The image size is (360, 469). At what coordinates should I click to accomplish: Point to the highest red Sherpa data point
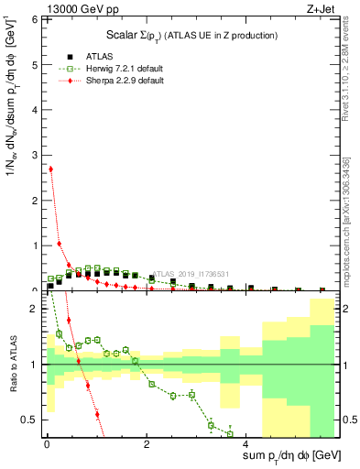tap(50, 169)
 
